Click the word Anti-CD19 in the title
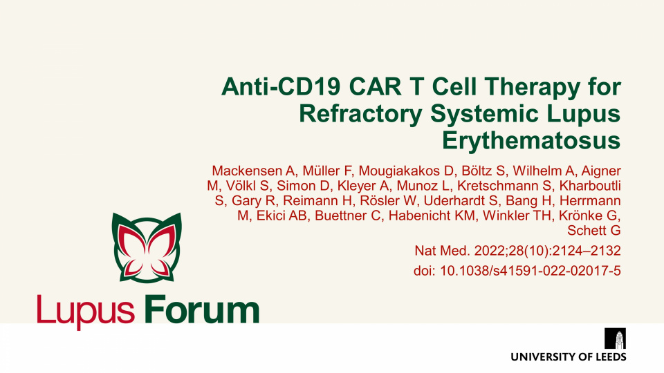point(281,87)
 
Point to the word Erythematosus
point(531,141)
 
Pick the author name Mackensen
point(247,171)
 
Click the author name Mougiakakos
point(399,171)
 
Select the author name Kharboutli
point(590,186)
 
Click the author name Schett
point(585,231)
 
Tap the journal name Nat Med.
point(442,251)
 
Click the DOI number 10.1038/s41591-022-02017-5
point(531,271)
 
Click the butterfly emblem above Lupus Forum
point(147,247)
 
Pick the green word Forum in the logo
point(201,309)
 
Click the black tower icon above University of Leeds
point(616,338)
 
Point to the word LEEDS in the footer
point(611,357)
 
